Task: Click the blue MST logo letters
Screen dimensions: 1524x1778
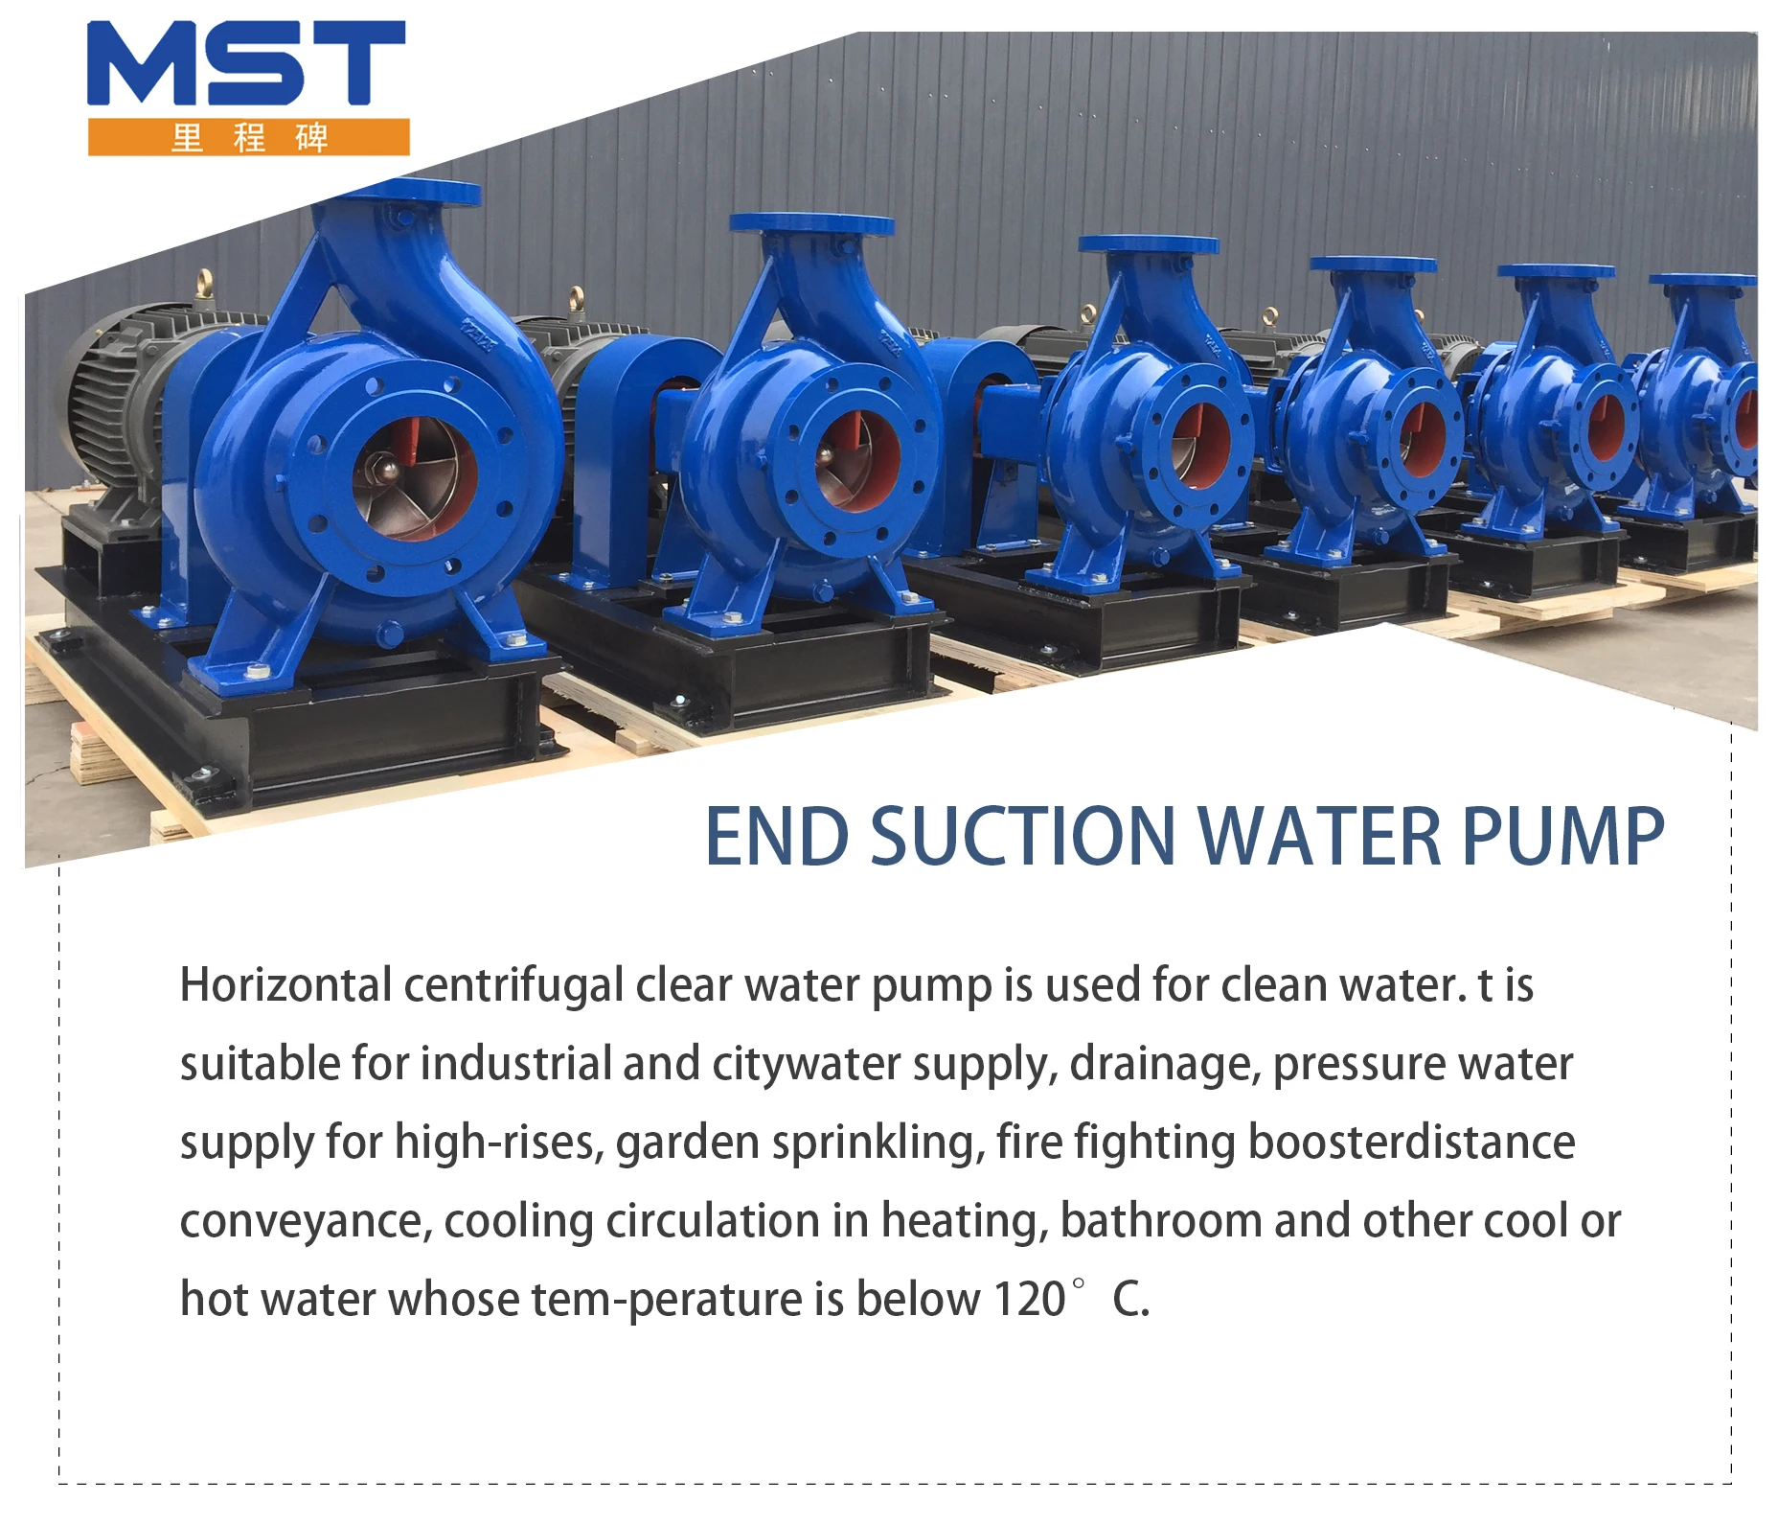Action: pyautogui.click(x=246, y=63)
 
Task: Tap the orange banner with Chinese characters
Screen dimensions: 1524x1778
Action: pyautogui.click(x=249, y=137)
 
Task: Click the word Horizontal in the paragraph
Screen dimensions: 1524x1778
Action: pyautogui.click(x=285, y=985)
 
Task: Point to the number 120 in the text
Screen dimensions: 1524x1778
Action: pyautogui.click(x=1029, y=1300)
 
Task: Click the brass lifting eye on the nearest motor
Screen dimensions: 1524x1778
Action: pyautogui.click(x=203, y=283)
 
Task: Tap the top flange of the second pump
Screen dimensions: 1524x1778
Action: pyautogui.click(x=811, y=224)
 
